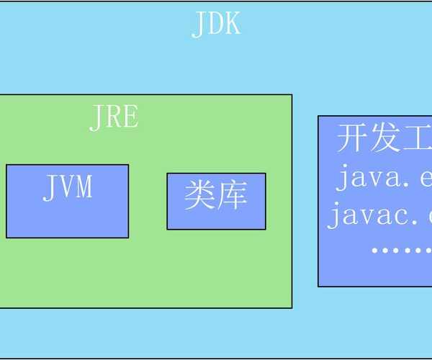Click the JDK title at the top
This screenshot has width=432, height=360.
[x=216, y=24]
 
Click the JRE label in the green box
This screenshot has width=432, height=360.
[x=114, y=117]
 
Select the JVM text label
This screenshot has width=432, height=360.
[x=68, y=187]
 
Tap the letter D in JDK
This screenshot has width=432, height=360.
[x=216, y=24]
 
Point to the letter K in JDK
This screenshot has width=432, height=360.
[x=231, y=24]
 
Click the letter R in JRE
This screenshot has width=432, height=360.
[x=114, y=117]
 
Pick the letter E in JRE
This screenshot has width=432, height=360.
[x=129, y=117]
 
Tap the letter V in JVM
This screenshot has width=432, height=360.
[x=68, y=187]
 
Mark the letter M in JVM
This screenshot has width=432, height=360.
[x=84, y=187]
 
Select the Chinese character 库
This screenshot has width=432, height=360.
[x=233, y=195]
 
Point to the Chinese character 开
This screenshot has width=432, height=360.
[x=351, y=138]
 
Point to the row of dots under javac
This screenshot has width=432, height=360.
[x=400, y=250]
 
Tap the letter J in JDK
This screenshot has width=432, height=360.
[x=199, y=24]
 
